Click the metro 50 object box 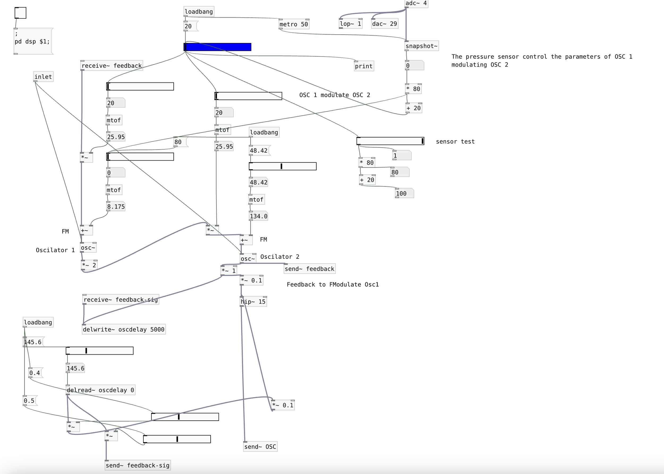(293, 24)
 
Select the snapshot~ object (422, 46)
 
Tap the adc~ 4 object (416, 3)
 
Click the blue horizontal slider (218, 47)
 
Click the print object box (364, 66)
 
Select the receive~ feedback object (112, 66)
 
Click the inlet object (43, 77)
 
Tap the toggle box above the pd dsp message (20, 13)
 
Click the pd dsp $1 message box (33, 41)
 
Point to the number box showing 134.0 (258, 216)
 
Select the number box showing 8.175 (116, 207)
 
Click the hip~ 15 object (253, 301)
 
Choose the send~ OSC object (260, 447)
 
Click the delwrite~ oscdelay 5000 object (124, 329)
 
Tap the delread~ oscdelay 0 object (100, 390)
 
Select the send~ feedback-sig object (137, 465)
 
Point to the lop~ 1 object (350, 24)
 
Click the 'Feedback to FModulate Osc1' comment (333, 284)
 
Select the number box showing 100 (404, 193)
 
